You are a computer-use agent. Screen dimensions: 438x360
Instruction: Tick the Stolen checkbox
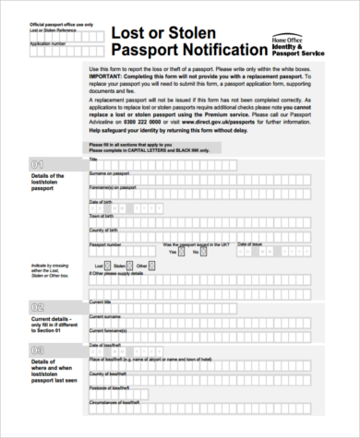pos(131,265)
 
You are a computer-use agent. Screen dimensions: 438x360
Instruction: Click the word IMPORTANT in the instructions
pos(105,76)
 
